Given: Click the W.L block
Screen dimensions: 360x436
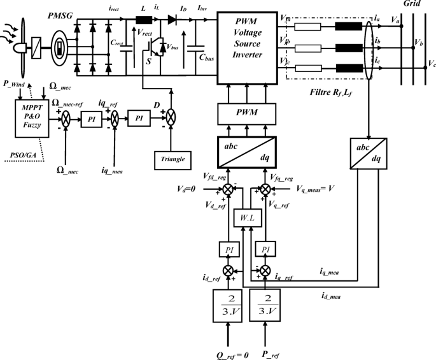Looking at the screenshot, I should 246,219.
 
